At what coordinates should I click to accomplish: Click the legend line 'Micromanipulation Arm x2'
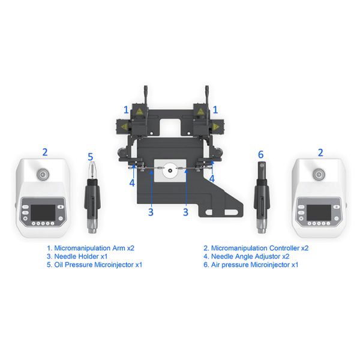tap(91, 248)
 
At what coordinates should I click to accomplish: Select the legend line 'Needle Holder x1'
tap(77, 256)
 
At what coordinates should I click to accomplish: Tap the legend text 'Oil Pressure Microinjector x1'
tap(94, 265)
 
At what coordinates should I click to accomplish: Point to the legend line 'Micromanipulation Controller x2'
tap(256, 248)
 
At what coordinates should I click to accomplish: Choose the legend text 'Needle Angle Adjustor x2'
tap(247, 256)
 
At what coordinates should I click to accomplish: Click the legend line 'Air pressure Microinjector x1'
tap(251, 265)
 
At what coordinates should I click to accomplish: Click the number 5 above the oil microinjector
tap(91, 157)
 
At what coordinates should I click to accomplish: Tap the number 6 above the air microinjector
tap(261, 155)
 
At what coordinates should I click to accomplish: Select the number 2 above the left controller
tap(45, 152)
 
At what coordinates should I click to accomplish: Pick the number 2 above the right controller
tap(320, 152)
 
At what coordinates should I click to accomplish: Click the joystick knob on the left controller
tap(43, 175)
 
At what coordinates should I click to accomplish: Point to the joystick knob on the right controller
tap(319, 175)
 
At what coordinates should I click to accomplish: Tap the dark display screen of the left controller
tap(43, 212)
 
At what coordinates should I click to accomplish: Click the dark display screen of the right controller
tap(319, 212)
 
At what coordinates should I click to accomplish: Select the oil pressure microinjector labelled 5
tap(92, 197)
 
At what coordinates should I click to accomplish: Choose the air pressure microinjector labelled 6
tap(262, 197)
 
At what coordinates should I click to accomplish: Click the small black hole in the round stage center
tap(170, 170)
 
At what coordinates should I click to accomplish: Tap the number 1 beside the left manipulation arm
tap(126, 110)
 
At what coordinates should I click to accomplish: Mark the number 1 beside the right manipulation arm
tap(215, 110)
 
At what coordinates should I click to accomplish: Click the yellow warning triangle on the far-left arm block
tap(124, 127)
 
